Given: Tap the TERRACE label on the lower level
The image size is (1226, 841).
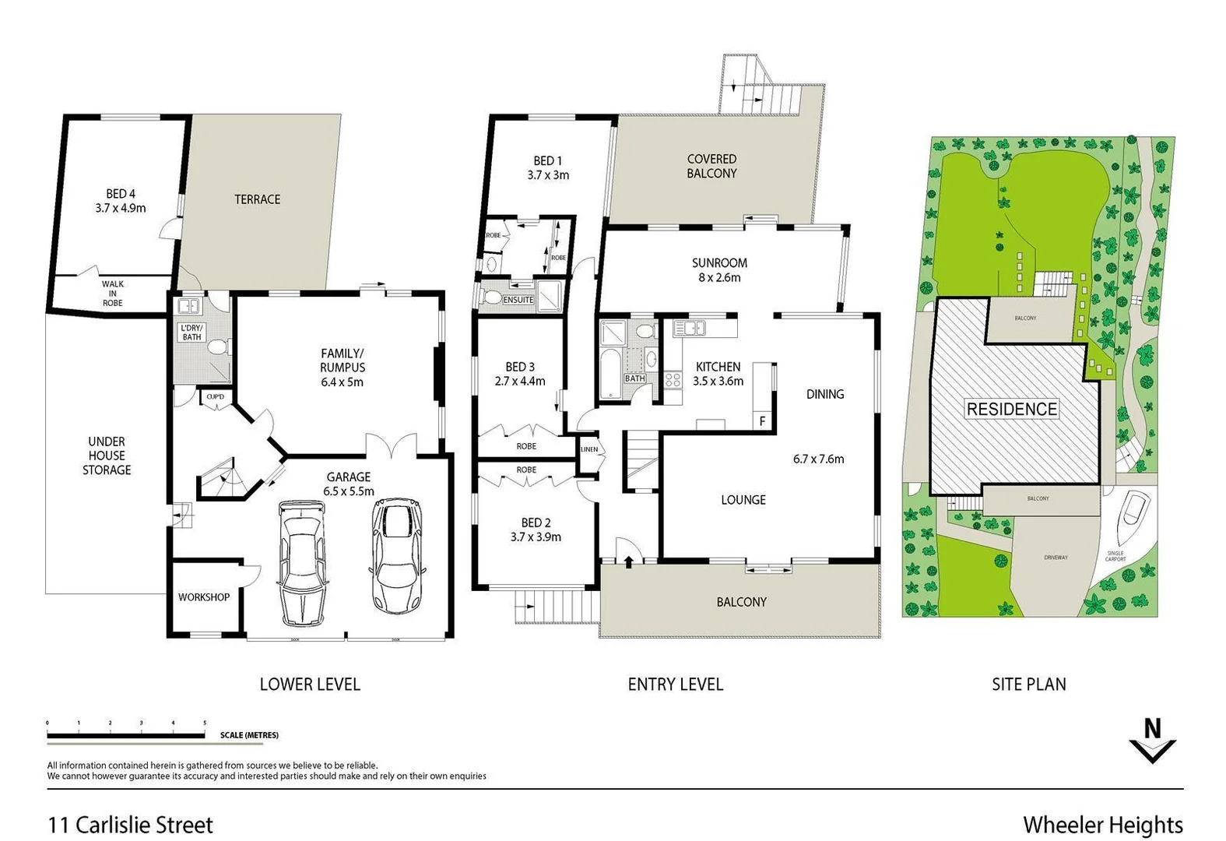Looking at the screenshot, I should point(257,199).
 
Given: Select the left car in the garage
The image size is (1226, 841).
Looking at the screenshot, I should point(302,561).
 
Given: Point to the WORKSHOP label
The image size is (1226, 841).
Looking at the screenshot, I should point(204,597).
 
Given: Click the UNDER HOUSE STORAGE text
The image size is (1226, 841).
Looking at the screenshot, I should point(107,456).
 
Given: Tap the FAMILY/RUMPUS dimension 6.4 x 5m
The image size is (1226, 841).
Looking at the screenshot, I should point(342,382).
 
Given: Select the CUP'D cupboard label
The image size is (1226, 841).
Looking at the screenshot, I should point(215,397).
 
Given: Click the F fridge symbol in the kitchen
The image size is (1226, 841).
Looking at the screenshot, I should point(762,421).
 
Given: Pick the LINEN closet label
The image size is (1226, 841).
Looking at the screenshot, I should point(589,449).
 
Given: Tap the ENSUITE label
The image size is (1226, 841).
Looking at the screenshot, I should point(518,300).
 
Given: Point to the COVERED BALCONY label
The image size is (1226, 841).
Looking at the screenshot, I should point(711,166).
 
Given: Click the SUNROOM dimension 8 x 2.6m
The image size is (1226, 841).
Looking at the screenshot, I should point(718,277).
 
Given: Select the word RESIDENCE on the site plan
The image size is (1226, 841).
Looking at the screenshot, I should point(1012,409).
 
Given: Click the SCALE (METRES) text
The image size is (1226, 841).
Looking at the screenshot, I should point(249,735).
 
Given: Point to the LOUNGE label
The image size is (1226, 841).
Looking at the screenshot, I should point(743,500).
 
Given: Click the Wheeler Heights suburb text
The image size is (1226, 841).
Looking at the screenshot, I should point(1103,825).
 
